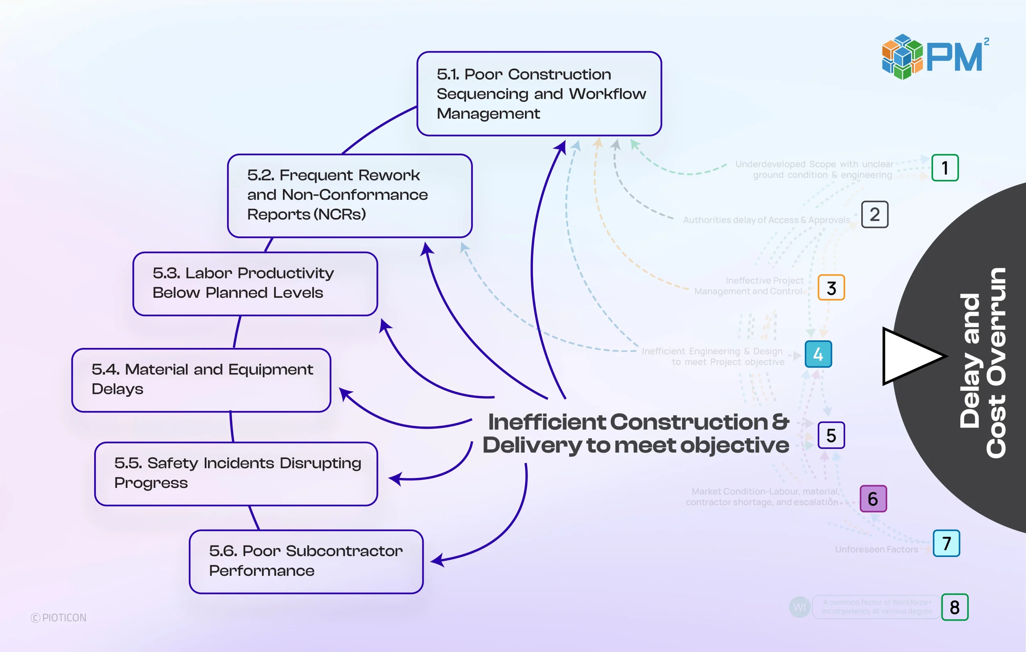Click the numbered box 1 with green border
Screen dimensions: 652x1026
tap(945, 168)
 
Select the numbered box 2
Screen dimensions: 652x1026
tap(875, 215)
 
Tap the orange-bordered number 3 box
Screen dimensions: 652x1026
tap(831, 288)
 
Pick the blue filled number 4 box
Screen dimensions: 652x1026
tap(818, 354)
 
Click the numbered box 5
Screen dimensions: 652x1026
tap(831, 435)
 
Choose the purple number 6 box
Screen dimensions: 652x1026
tap(873, 498)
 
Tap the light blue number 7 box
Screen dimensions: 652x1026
tap(946, 543)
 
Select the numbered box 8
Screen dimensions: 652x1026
tap(954, 607)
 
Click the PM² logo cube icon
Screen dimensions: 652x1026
tap(902, 57)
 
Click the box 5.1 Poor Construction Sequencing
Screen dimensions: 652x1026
tap(539, 94)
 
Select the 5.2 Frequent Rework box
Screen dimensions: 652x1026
tap(349, 195)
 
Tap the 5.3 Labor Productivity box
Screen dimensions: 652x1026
tap(255, 284)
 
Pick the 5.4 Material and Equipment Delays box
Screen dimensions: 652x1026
tap(201, 380)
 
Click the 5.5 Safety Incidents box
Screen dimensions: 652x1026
tap(236, 474)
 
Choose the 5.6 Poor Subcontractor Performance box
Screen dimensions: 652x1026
tap(306, 562)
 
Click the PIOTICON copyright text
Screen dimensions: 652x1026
tap(59, 617)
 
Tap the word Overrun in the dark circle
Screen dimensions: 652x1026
tap(996, 362)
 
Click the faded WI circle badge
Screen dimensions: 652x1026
tap(799, 606)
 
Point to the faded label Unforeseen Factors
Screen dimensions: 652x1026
tap(876, 549)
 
